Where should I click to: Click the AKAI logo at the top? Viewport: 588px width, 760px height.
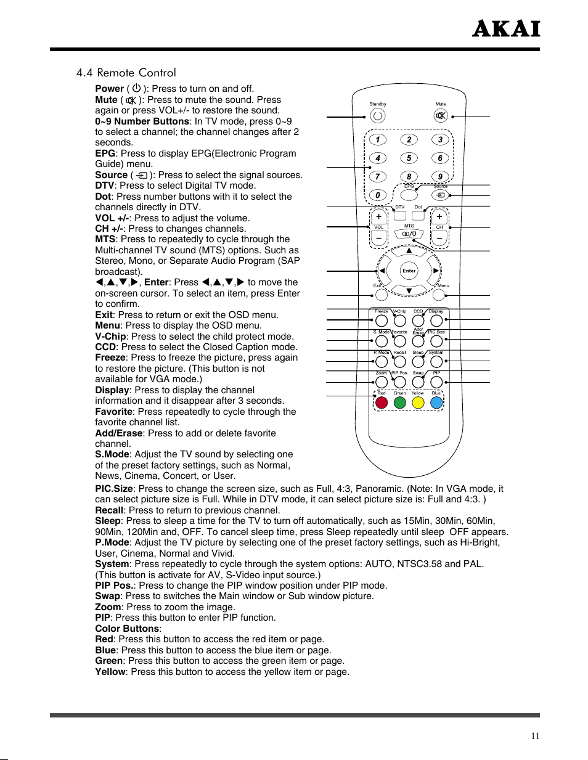coord(505,29)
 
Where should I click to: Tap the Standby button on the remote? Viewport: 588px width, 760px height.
coord(378,115)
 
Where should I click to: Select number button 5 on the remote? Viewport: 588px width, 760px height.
coord(409,158)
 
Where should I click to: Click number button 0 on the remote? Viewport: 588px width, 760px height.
coord(378,195)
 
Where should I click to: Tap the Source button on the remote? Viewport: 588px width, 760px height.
coord(440,195)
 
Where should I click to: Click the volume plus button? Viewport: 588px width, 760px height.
coord(378,217)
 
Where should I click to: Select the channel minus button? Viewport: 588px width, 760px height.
coord(439,239)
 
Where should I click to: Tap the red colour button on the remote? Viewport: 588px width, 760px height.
coord(382,402)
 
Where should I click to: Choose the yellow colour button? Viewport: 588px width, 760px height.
coord(418,402)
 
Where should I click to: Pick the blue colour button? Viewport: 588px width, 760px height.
coord(436,402)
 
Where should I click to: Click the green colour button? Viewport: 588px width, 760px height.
coord(400,402)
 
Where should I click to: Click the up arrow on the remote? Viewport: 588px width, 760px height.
coord(409,251)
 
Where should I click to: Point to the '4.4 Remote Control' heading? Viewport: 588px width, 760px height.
coord(126,73)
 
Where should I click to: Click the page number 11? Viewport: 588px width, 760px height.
coord(535,735)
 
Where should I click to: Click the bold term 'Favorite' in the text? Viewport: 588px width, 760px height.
coord(114,412)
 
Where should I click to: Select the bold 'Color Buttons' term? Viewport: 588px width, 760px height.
coord(127,629)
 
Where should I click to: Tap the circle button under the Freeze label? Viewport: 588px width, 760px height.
coord(382,321)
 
